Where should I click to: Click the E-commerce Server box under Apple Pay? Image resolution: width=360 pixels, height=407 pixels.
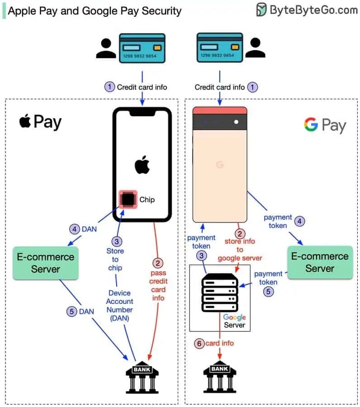45,262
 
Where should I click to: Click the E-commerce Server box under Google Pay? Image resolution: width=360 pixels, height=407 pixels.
320,262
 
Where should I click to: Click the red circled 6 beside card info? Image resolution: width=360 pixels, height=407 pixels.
199,343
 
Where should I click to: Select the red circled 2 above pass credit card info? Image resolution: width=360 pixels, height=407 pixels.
158,263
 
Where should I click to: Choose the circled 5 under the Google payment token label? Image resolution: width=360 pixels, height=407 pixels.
269,292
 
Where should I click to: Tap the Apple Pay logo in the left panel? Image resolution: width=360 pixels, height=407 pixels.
40,122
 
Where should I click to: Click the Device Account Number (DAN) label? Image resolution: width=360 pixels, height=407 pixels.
120,305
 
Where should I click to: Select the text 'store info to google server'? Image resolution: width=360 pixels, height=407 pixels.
240,250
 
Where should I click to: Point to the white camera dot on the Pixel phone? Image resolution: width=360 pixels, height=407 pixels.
236,122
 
